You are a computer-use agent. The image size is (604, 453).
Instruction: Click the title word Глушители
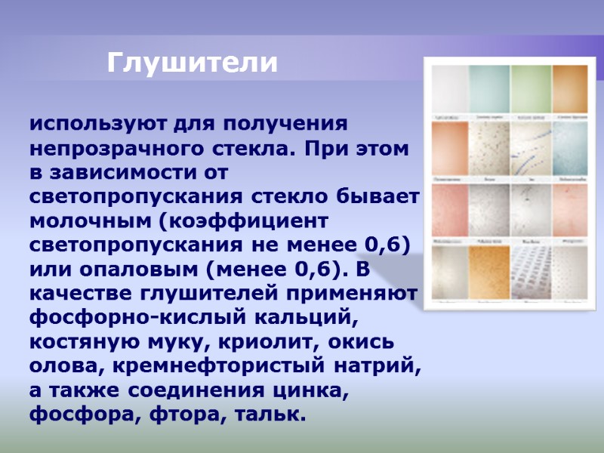[x=193, y=63]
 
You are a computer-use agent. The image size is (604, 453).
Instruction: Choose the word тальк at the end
[x=270, y=415]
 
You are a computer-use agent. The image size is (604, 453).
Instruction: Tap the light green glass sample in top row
[x=531, y=90]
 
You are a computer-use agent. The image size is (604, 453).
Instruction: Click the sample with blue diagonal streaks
[x=531, y=149]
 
